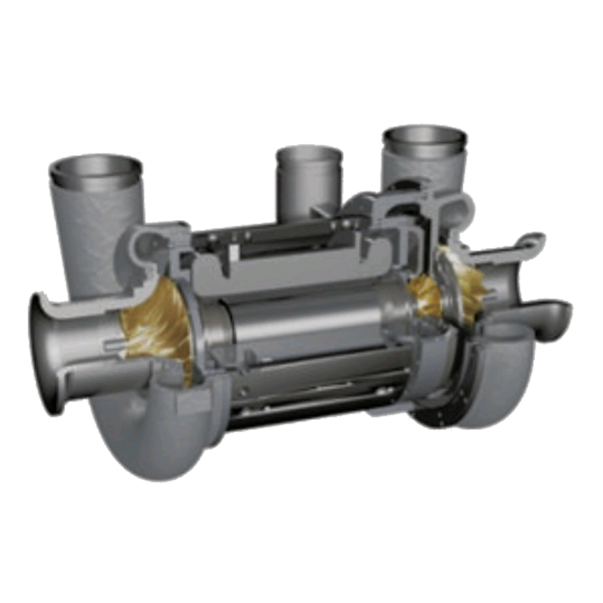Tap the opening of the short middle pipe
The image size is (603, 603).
(308, 154)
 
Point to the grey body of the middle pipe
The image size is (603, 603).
(307, 188)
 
